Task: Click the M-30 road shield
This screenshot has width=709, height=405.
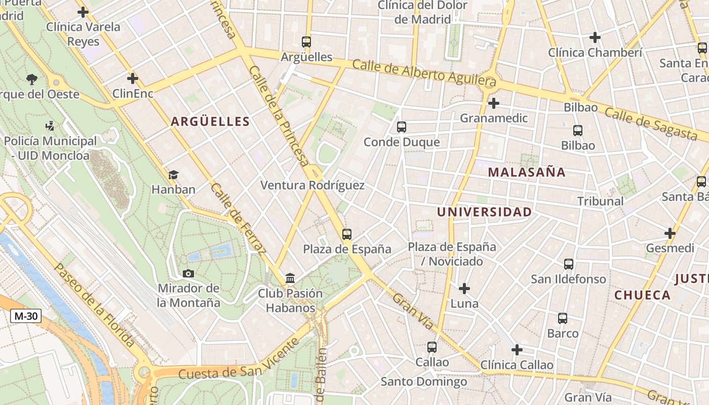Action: click(26, 316)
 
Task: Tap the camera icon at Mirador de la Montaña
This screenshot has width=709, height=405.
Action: click(188, 273)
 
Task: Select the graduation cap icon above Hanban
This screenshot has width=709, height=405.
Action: click(173, 175)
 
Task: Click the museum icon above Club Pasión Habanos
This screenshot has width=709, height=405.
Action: click(290, 278)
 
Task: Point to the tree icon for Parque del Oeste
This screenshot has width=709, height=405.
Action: click(32, 79)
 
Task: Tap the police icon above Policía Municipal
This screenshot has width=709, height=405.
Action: click(50, 126)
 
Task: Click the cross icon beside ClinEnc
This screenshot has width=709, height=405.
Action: click(133, 78)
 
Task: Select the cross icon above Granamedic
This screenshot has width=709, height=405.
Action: click(493, 103)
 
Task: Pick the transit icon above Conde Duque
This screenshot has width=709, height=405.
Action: click(402, 127)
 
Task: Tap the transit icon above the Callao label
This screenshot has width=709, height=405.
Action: click(431, 347)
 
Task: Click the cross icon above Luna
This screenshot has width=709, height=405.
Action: click(464, 289)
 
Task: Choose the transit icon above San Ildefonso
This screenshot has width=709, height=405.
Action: click(568, 264)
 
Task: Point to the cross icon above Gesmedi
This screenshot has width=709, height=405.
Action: click(670, 233)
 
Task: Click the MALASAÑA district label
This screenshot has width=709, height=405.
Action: click(527, 172)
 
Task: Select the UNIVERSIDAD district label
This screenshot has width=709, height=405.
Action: click(484, 212)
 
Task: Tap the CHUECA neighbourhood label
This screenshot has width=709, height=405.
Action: click(642, 295)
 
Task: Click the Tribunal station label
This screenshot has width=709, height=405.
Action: click(601, 201)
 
